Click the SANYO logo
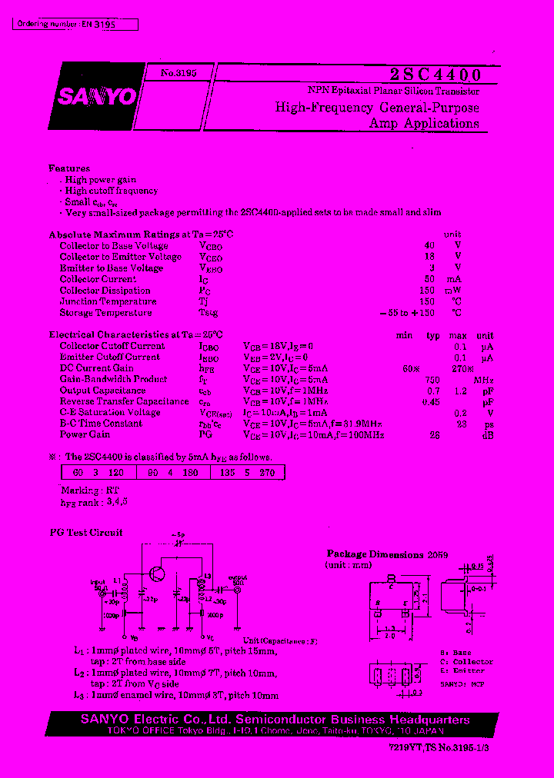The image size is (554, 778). (x=96, y=96)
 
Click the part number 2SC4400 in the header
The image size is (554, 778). (x=435, y=75)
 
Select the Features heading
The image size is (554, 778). (x=69, y=168)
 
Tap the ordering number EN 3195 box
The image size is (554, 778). (x=76, y=25)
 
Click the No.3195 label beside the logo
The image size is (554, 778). (x=179, y=72)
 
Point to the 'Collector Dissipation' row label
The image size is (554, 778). (x=105, y=291)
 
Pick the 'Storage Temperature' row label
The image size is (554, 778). (x=105, y=313)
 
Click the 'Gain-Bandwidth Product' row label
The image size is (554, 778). (x=113, y=379)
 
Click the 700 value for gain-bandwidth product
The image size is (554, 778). (x=432, y=380)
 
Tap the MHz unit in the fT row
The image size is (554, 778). (x=483, y=380)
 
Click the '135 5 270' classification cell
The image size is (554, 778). (x=247, y=473)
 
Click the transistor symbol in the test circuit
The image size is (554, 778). (x=158, y=574)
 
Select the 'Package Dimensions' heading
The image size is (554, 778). (x=375, y=554)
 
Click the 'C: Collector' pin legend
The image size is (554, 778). (x=466, y=662)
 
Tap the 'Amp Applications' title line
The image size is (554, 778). (x=424, y=124)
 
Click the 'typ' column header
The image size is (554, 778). (x=433, y=336)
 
